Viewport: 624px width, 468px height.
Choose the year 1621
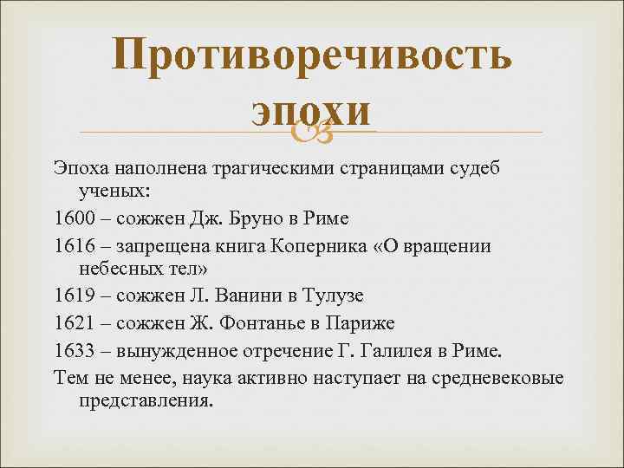pos(72,324)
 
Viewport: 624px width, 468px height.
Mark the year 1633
pos(72,350)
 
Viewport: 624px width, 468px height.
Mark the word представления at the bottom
pos(146,403)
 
